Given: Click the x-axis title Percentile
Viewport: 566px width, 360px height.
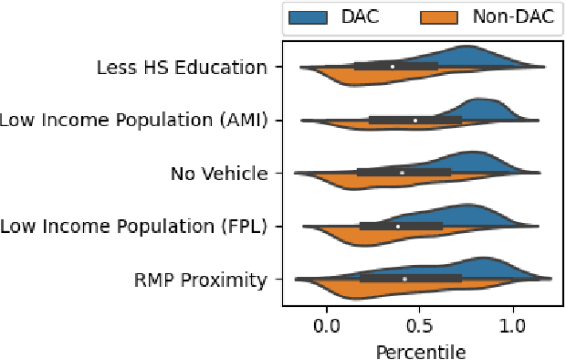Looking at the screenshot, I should pyautogui.click(x=419, y=350).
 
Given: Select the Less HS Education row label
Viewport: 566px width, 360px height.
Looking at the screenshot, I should pyautogui.click(x=183, y=67).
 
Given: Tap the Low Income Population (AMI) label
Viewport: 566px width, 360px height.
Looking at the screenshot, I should pyautogui.click(x=134, y=120).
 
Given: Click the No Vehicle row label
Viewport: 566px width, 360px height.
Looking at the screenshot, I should pyautogui.click(x=220, y=173).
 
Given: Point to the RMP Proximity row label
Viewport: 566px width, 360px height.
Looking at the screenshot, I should pyautogui.click(x=197, y=279).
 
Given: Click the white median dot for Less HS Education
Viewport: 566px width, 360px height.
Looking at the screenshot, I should pyautogui.click(x=393, y=66).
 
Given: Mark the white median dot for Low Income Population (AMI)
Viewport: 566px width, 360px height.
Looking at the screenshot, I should pyautogui.click(x=415, y=120).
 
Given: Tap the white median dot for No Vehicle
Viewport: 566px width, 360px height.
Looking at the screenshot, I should pyautogui.click(x=402, y=172).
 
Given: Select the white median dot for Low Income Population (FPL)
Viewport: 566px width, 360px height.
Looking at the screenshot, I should pyautogui.click(x=398, y=226).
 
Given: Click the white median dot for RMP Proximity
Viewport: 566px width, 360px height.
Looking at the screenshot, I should pyautogui.click(x=404, y=278).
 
